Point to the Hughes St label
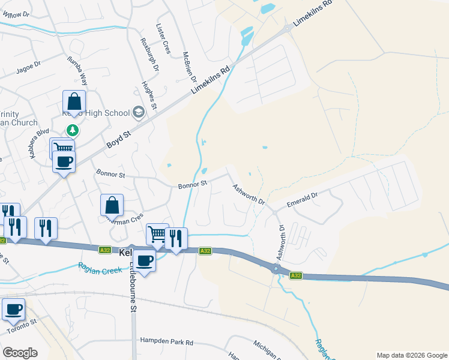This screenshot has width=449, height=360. click(x=149, y=95)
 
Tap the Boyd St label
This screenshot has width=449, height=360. click(x=118, y=140)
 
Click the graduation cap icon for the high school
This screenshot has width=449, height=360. click(x=139, y=112)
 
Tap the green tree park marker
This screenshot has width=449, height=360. click(x=72, y=130)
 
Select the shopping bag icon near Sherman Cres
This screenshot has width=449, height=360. click(x=112, y=205)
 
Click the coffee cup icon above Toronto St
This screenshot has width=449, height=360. click(x=13, y=309)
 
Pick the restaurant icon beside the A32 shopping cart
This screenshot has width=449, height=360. click(x=176, y=238)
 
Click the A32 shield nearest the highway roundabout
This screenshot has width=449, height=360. click(x=295, y=275)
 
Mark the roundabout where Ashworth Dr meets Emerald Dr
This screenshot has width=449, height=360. click(x=274, y=211)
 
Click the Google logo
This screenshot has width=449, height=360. click(x=20, y=353)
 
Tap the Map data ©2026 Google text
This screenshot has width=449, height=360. click(x=411, y=355)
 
